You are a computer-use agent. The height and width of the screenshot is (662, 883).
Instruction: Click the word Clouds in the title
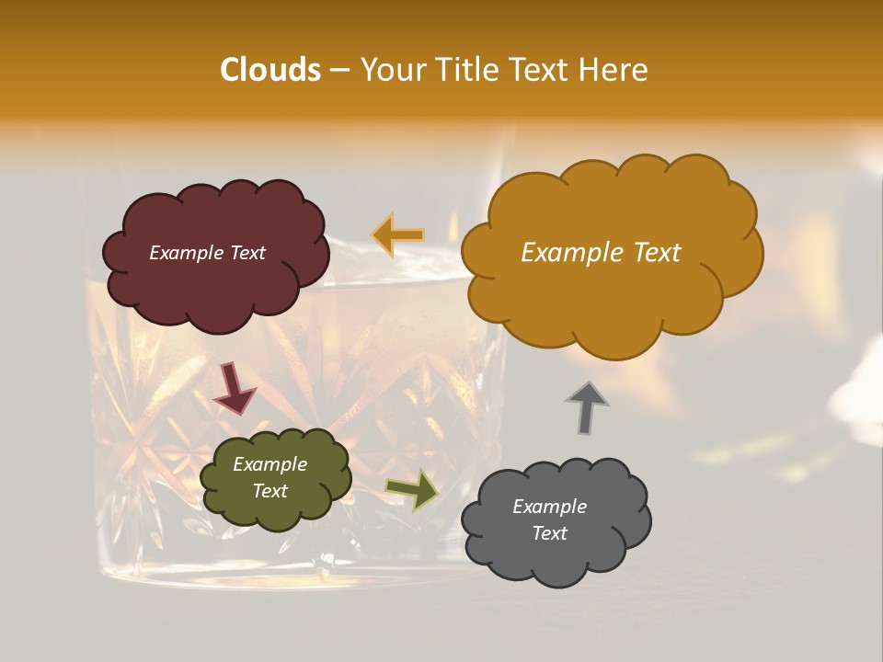269,70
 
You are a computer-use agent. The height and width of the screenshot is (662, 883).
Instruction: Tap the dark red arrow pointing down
234,390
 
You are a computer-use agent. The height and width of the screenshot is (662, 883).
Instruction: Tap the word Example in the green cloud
270,465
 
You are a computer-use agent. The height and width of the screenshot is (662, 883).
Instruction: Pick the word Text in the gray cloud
549,534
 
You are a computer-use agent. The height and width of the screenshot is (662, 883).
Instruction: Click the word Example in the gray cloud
549,507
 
